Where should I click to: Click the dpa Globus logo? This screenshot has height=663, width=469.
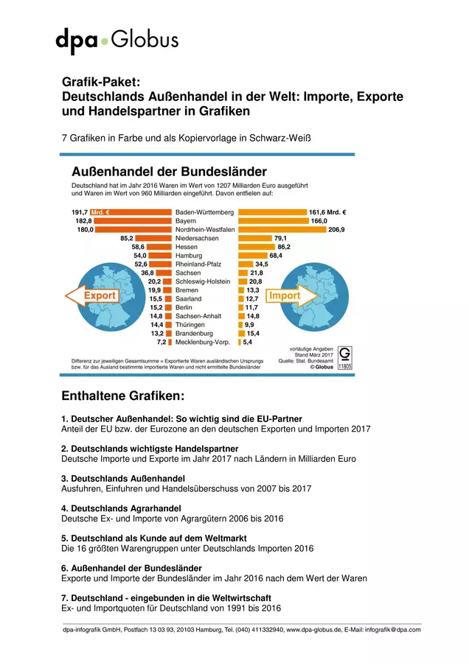117,41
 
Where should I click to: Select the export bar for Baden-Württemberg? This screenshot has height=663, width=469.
131,212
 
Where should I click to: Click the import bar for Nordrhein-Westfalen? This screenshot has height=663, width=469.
282,230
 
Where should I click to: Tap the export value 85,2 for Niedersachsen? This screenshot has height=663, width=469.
127,239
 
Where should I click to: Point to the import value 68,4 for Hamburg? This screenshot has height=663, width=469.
276,256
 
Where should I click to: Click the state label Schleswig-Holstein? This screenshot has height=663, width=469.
203,281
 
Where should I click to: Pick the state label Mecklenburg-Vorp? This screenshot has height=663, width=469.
202,342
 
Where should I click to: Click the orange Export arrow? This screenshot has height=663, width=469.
92,295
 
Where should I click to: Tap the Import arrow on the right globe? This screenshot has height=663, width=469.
291,295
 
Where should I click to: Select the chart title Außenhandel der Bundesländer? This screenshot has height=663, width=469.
169,172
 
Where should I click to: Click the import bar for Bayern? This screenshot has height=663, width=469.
274,221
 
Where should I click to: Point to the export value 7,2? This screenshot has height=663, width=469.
161,342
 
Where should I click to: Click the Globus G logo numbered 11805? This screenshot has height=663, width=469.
345,358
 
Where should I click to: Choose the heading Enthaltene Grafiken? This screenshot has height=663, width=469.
122,396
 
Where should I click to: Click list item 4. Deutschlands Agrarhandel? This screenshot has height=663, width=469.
121,508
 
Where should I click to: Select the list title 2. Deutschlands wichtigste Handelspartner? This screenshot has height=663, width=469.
150,449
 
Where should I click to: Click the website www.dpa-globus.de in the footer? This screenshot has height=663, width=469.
313,630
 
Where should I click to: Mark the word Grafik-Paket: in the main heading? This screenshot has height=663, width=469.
101,82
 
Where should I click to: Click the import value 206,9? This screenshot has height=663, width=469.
336,230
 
